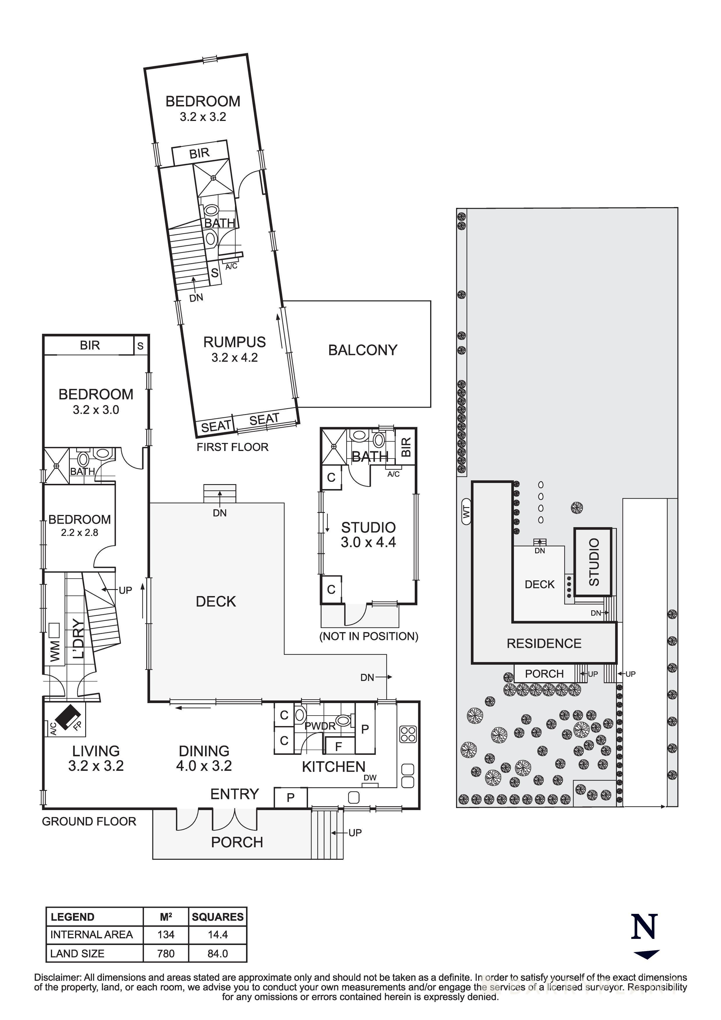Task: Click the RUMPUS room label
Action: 234,342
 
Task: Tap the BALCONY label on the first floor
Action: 362,350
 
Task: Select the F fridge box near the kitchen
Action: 339,747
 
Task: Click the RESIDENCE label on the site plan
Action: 544,644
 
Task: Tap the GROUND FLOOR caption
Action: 89,821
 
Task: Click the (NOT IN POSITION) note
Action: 369,636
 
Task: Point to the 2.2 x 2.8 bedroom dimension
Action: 79,532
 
